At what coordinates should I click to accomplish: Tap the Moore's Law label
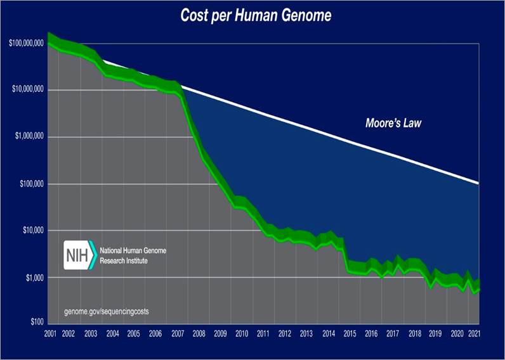[x=393, y=123]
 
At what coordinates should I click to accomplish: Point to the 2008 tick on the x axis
[x=199, y=333]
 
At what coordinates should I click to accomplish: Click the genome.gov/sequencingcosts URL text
[x=107, y=311]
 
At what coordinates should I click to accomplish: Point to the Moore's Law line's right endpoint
[x=477, y=183]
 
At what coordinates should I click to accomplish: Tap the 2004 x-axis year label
[x=112, y=333]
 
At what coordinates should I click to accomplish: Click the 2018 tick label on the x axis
[x=414, y=333]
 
